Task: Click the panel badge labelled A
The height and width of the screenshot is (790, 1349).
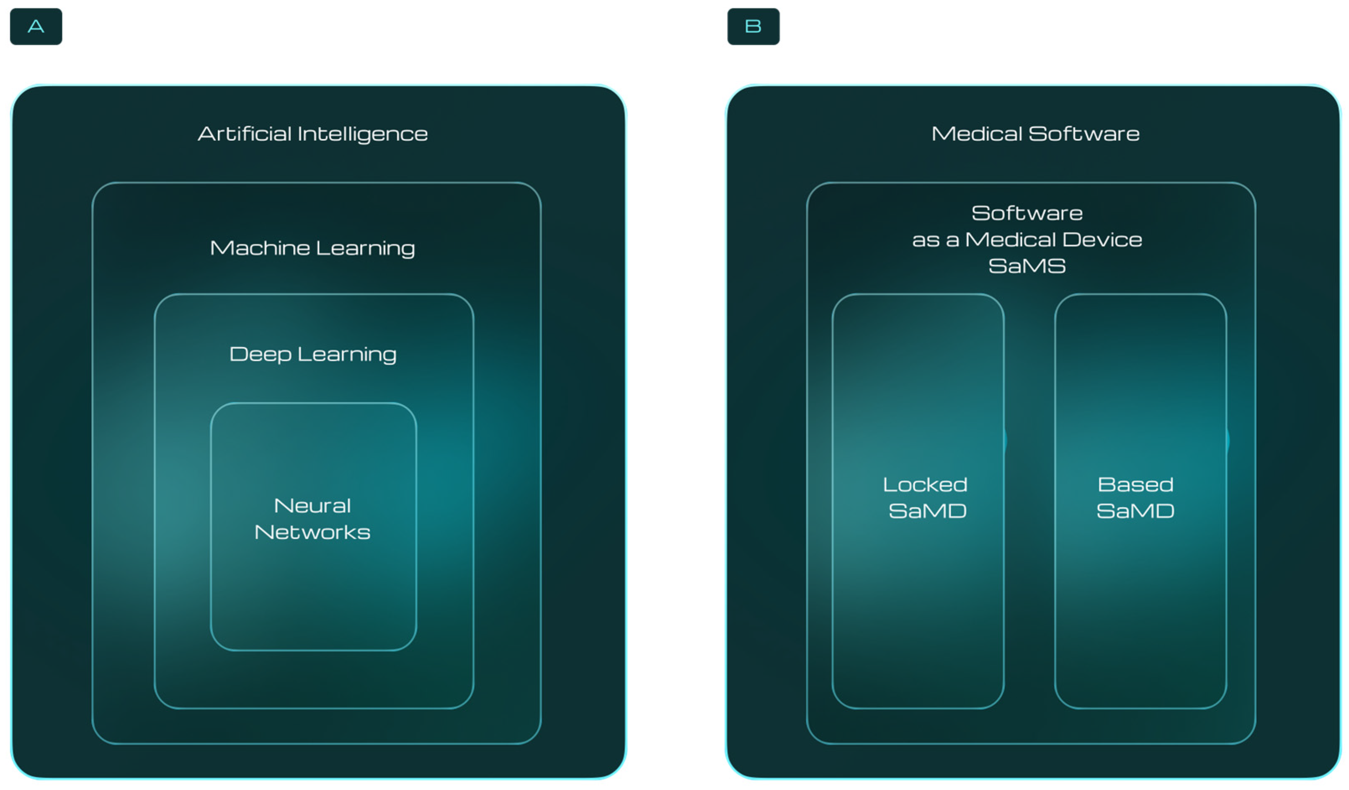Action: click(x=36, y=26)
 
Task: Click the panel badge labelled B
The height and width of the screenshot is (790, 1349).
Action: click(x=753, y=26)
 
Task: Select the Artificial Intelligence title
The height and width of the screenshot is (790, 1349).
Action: click(x=312, y=134)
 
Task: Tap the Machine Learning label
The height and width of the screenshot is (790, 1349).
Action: click(x=312, y=248)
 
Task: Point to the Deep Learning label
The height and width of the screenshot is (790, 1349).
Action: click(x=312, y=354)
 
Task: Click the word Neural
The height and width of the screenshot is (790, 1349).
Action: click(x=312, y=506)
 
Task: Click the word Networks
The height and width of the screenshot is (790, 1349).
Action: click(x=312, y=532)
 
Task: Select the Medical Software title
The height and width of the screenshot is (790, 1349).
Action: click(x=1035, y=134)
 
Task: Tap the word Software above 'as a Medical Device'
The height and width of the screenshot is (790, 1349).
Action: click(x=1027, y=214)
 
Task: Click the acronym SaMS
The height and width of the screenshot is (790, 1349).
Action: click(x=1027, y=266)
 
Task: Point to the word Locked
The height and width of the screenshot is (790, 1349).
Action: click(x=925, y=485)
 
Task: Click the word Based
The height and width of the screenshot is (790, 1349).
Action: click(x=1135, y=485)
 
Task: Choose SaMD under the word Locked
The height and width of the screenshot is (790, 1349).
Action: click(x=927, y=511)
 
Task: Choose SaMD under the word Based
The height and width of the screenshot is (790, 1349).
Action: click(x=1135, y=511)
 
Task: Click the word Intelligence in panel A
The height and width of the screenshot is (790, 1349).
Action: click(x=362, y=134)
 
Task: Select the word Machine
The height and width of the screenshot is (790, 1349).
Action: click(x=260, y=248)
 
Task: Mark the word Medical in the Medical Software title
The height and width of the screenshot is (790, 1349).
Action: click(x=976, y=134)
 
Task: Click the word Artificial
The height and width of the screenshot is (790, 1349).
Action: click(x=245, y=134)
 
